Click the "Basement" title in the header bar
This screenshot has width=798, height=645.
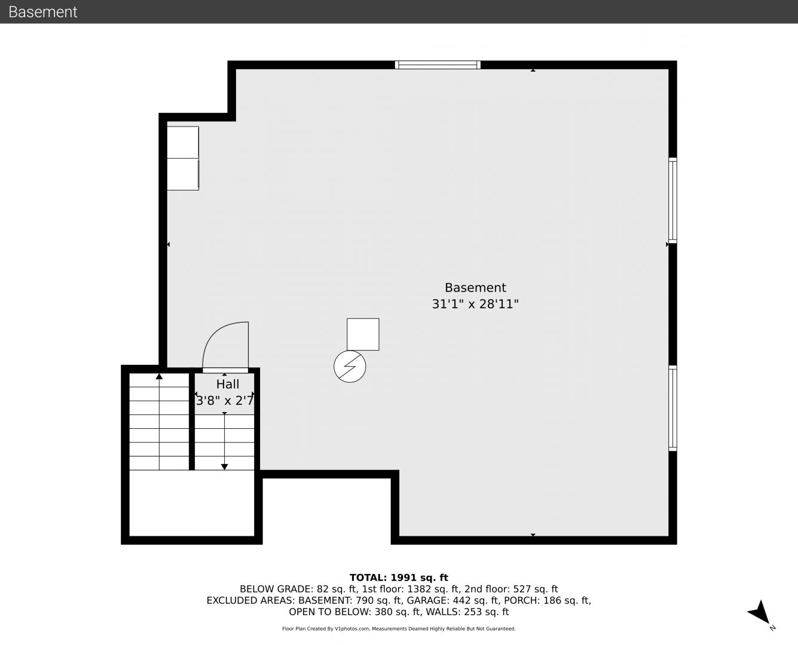coord(42,12)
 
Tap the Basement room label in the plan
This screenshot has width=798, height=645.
coord(475,287)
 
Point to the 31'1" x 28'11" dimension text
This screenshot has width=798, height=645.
coord(475,303)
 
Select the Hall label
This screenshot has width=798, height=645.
coord(227,384)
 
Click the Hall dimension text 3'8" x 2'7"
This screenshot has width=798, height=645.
coord(225,401)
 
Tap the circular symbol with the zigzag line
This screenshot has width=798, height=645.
coord(350,367)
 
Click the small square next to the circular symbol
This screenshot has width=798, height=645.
coord(363,334)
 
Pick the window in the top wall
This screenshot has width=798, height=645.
coord(438,64)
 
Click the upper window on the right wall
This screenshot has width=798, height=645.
coord(672,200)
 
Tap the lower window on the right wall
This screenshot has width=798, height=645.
coord(672,408)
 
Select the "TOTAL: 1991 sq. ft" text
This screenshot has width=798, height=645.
coord(399,578)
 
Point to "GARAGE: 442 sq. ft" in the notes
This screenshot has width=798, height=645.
coord(453,600)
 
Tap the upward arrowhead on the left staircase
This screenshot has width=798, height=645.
coord(159,376)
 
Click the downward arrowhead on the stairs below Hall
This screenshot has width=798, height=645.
coord(224,467)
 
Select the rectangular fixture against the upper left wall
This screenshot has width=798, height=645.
coord(183,158)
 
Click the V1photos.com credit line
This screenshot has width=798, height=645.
coord(399,628)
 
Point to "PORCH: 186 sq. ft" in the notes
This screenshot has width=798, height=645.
coord(548,600)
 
